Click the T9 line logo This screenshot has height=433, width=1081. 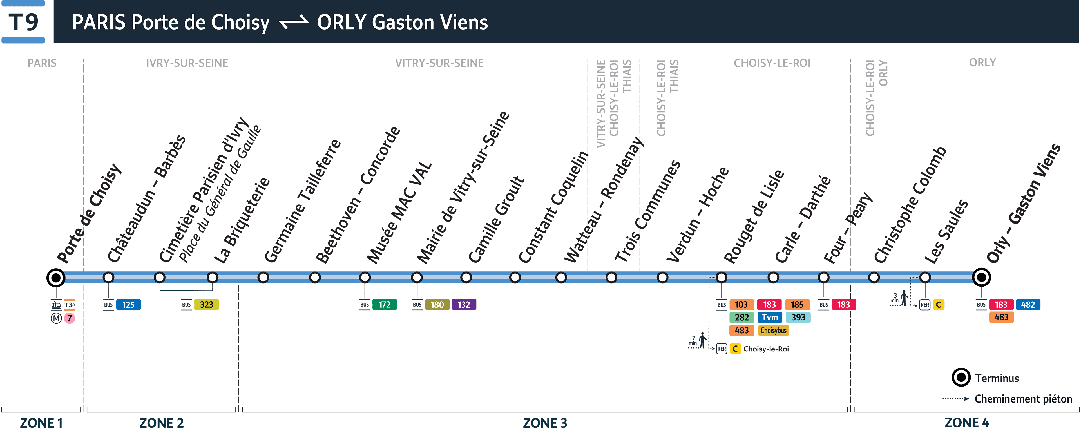tap(23, 22)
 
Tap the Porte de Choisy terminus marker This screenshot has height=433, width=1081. tap(56, 277)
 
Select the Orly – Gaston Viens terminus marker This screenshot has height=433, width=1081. tap(981, 277)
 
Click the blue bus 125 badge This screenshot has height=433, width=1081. tap(128, 305)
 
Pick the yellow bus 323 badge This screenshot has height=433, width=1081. tap(206, 305)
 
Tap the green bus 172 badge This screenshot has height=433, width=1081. tap(384, 305)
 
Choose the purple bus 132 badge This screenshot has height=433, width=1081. tap(464, 305)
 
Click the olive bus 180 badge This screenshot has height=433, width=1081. tap(437, 305)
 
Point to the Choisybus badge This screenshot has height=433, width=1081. tap(773, 331)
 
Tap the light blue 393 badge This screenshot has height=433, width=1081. tap(798, 318)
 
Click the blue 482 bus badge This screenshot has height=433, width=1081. tap(1028, 305)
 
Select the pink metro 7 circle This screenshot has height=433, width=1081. tap(70, 318)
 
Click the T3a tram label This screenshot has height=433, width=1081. tap(70, 305)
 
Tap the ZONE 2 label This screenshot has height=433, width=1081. tap(162, 423)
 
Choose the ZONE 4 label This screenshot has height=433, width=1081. tap(966, 423)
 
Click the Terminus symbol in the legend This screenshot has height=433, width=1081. tap(961, 378)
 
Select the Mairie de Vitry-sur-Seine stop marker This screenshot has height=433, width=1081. tap(417, 277)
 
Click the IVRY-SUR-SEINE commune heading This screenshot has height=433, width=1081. tap(187, 63)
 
